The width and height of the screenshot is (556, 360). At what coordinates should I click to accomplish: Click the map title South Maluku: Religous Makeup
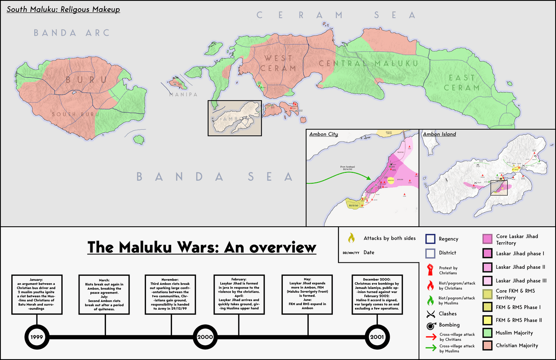pos(63,9)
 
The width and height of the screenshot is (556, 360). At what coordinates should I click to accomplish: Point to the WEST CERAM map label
pos(278,63)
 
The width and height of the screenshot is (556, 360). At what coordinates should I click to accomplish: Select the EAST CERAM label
pos(462,83)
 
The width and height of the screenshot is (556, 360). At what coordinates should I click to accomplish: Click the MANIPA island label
pos(183,94)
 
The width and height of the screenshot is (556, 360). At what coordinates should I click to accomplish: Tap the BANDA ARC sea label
pos(72,33)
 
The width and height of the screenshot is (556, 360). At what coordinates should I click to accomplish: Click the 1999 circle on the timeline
pos(37,337)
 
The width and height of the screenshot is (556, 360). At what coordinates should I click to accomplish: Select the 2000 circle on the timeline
pos(205,337)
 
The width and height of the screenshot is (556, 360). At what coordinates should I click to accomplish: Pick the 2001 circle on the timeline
pos(377,337)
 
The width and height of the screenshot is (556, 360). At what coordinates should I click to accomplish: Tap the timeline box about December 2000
pos(377,294)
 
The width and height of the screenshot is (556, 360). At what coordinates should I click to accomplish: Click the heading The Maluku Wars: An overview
pos(202,247)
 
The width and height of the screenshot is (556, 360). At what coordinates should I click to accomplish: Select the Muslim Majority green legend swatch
pos(487,333)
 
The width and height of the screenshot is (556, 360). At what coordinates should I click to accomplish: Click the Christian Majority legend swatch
pos(487,346)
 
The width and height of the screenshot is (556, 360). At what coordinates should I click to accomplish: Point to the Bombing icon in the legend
pos(430,325)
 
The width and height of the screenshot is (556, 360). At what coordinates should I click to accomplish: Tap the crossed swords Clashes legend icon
pos(430,314)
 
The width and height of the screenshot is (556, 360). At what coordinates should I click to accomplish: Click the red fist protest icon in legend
pos(430,270)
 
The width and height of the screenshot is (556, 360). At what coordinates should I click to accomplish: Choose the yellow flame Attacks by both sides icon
pos(351,238)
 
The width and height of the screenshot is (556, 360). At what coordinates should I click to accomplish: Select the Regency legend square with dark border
pos(430,239)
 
